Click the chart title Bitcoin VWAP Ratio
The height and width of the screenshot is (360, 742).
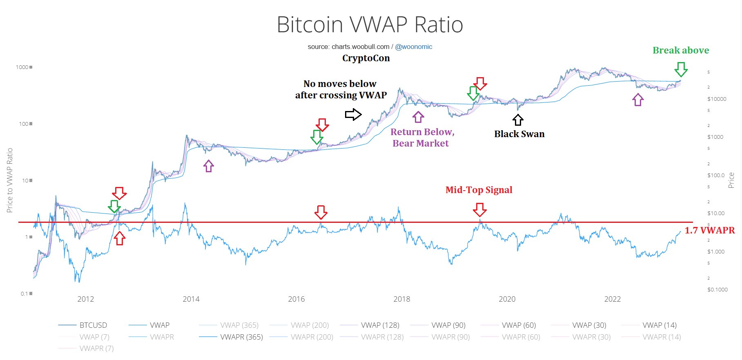pyautogui.click(x=370, y=24)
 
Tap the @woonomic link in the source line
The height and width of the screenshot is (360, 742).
pyautogui.click(x=413, y=47)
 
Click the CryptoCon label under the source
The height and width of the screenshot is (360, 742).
pyautogui.click(x=366, y=58)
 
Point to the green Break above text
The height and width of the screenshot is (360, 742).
pyautogui.click(x=680, y=50)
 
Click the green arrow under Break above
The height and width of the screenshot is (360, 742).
pyautogui.click(x=681, y=69)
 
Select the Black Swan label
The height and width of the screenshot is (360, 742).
pyautogui.click(x=519, y=134)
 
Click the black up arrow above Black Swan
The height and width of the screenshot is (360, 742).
pyautogui.click(x=518, y=120)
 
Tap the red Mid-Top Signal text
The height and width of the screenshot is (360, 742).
pyautogui.click(x=479, y=190)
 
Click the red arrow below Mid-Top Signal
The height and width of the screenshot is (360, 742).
pyautogui.click(x=479, y=210)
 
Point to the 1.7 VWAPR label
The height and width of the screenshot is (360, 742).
pyautogui.click(x=709, y=230)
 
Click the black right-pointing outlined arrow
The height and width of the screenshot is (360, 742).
pyautogui.click(x=353, y=115)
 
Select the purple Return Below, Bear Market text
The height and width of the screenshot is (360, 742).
pyautogui.click(x=422, y=138)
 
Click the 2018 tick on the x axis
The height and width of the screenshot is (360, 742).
pyautogui.click(x=401, y=299)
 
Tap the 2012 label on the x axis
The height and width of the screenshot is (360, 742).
pyautogui.click(x=85, y=299)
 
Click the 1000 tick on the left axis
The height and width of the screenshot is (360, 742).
pyautogui.click(x=22, y=67)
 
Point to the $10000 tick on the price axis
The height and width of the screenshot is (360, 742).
pyautogui.click(x=717, y=99)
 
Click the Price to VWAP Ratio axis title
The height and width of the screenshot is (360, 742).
pyautogui.click(x=10, y=180)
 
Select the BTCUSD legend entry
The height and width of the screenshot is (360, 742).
pyautogui.click(x=93, y=325)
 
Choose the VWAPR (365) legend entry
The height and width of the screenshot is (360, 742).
pyautogui.click(x=241, y=337)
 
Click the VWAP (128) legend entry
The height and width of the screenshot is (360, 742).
pyautogui.click(x=380, y=325)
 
